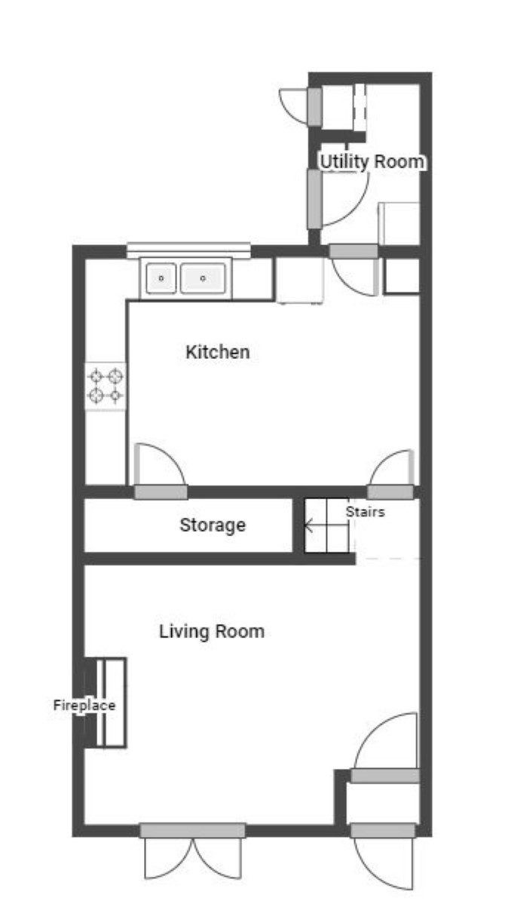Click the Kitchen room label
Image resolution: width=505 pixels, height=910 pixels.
tap(217, 352)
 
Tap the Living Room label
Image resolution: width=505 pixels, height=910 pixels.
tap(211, 631)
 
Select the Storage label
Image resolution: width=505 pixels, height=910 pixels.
tap(213, 525)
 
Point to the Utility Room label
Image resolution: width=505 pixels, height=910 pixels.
tap(372, 161)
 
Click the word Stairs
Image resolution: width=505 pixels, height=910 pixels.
tap(365, 511)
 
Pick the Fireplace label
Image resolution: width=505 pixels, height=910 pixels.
tap(84, 705)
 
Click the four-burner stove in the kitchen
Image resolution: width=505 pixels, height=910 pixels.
tap(106, 386)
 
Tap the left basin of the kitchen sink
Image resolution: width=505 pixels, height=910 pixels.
tap(161, 278)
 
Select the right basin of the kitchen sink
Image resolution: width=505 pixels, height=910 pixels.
tap(203, 278)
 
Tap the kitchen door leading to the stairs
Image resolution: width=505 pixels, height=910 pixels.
tap(391, 474)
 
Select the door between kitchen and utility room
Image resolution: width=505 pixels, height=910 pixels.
tap(354, 269)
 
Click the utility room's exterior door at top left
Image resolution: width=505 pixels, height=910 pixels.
tap(301, 106)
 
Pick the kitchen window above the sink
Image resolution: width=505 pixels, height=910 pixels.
tap(189, 250)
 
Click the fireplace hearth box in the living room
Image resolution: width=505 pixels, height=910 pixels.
tap(111, 703)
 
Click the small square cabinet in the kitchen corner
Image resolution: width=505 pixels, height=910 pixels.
tap(402, 276)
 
